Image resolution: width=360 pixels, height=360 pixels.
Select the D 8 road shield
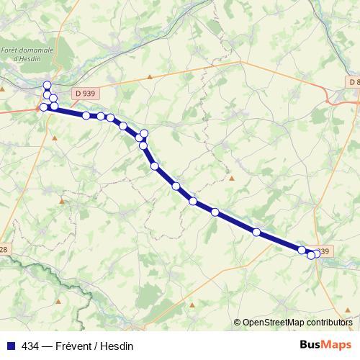coord(354,82)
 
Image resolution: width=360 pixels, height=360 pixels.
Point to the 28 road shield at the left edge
coord(4,249)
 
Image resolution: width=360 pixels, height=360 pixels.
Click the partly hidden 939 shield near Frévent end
coord(324,251)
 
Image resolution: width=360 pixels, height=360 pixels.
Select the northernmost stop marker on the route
coord(48,85)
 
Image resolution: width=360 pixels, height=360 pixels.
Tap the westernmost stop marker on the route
coord(44,107)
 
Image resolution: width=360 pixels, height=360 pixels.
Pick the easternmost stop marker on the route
coord(316,253)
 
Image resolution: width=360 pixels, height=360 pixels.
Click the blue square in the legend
coord(11,345)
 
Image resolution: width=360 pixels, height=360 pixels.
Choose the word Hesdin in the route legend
coord(117,345)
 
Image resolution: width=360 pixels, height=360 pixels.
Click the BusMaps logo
coord(325,344)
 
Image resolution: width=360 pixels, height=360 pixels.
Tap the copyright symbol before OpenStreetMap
coord(238,323)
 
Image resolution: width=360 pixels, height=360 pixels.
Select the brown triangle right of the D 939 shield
coord(150,76)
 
